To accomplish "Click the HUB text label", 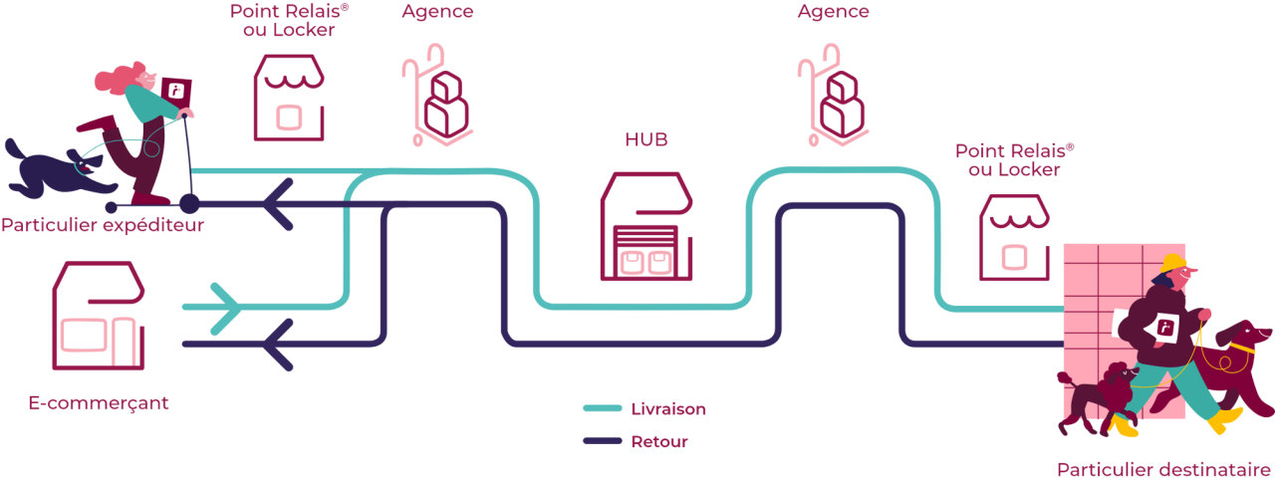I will pos(645,139).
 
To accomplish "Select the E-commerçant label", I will pos(99,403).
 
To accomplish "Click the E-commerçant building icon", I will pos(98,316).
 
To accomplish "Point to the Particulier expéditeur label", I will pos(102,225).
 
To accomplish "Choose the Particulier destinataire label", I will pos(1162,469).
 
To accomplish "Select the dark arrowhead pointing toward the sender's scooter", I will pos(280,204).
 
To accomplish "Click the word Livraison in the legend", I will pos(668,408).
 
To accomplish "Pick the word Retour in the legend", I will pos(658,441).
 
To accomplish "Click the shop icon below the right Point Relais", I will pos(1014,235).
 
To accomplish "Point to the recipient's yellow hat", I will pos(1174,264).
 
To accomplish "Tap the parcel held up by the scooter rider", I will pos(177,90).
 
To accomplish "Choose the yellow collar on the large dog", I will pos(1240,348).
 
